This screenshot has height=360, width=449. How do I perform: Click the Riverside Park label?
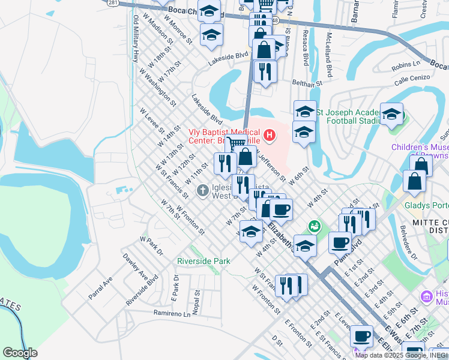pos(203,262)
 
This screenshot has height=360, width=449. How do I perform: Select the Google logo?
pos(20,353)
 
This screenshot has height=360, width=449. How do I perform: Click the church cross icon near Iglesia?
pos(203,191)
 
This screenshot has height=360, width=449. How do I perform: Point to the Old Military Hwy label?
pos(136,38)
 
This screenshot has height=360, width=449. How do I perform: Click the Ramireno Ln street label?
pos(171,313)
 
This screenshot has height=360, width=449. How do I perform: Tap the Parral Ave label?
pos(100,290)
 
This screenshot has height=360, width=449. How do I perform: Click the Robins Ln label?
pos(406,64)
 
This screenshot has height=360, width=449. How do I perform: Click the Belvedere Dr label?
pos(408,242)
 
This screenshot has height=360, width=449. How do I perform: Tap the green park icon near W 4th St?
pos(313,226)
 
